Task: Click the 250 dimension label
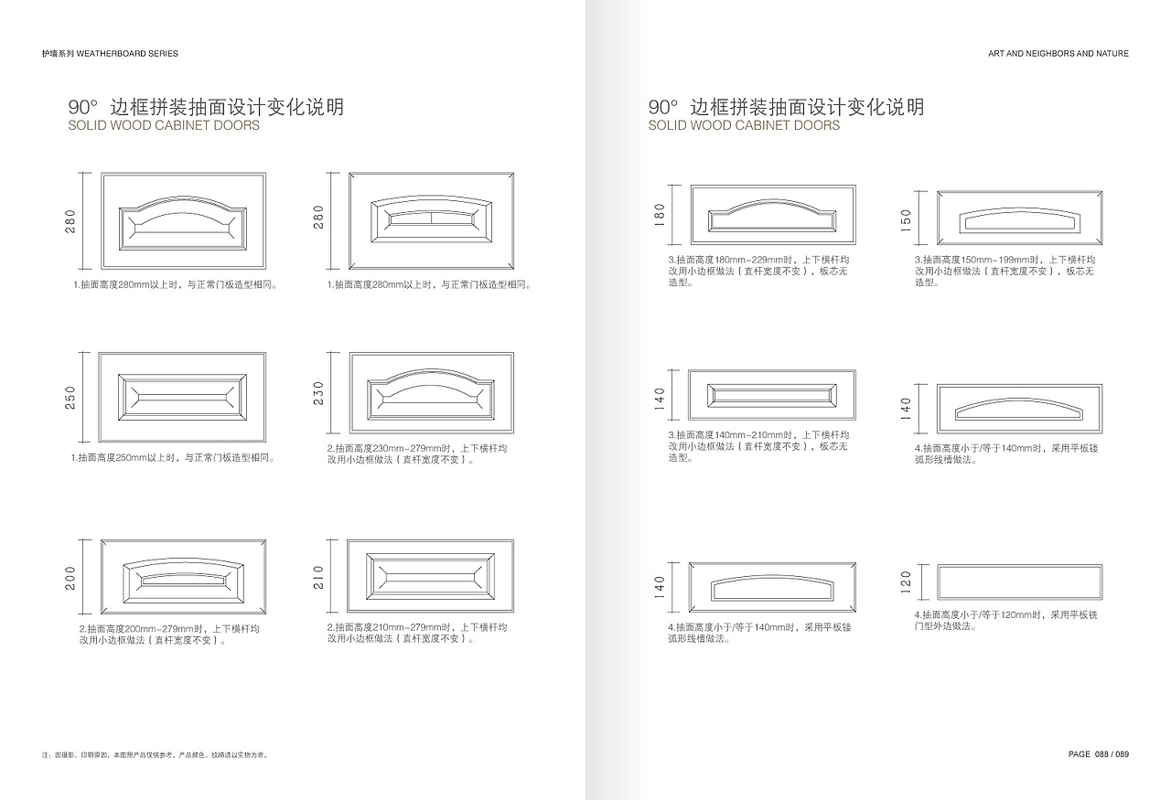point(70,398)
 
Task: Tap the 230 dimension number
point(318,393)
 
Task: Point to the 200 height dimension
point(70,578)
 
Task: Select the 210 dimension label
point(318,577)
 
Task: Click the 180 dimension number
point(660,215)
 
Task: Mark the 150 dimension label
point(906,220)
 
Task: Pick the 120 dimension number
point(906,582)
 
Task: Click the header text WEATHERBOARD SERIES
point(127,54)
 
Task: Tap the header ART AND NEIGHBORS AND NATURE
point(1058,54)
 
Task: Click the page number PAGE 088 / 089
point(1099,754)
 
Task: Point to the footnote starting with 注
point(155,755)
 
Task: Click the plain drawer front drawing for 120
point(1019,581)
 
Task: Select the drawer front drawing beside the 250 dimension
point(182,397)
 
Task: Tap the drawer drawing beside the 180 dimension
point(773,214)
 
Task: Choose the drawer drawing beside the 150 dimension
point(1019,218)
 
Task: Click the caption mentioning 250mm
point(173,458)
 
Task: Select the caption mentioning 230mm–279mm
point(417,454)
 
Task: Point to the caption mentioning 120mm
point(1005,620)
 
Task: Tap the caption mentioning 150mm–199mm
point(1004,271)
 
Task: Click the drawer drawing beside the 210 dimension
point(430,576)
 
